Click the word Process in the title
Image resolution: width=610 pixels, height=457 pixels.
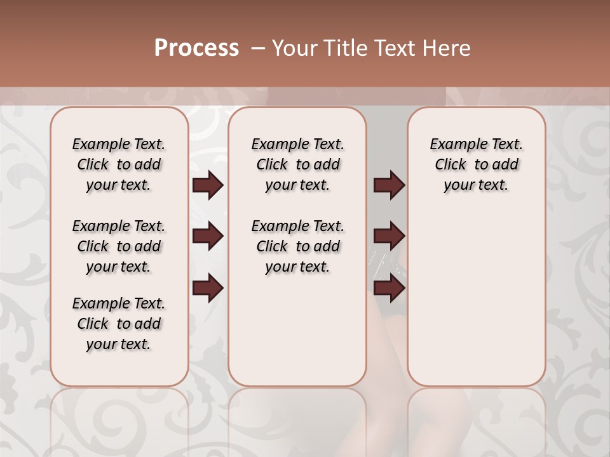pos(196,48)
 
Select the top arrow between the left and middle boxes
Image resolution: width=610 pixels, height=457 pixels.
pos(208,185)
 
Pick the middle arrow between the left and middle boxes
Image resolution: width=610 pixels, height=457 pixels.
pos(208,236)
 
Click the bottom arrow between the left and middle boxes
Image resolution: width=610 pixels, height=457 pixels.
pos(208,288)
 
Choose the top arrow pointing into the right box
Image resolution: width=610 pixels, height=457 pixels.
pos(389,185)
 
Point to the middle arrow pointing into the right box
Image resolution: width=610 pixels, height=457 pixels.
pos(389,236)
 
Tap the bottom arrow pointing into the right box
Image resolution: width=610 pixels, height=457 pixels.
pos(389,288)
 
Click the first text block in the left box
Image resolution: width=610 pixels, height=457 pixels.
pos(119,164)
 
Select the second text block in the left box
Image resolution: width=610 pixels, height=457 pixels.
pos(119,246)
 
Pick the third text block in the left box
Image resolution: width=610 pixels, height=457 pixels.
pos(119,324)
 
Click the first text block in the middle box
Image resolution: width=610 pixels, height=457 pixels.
pos(297,164)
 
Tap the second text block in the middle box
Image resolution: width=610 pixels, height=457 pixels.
pos(297,246)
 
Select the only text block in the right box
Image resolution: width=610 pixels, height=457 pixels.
pos(476,164)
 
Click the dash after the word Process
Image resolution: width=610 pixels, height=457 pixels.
pos(257,48)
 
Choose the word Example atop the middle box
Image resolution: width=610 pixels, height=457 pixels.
pos(277,145)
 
